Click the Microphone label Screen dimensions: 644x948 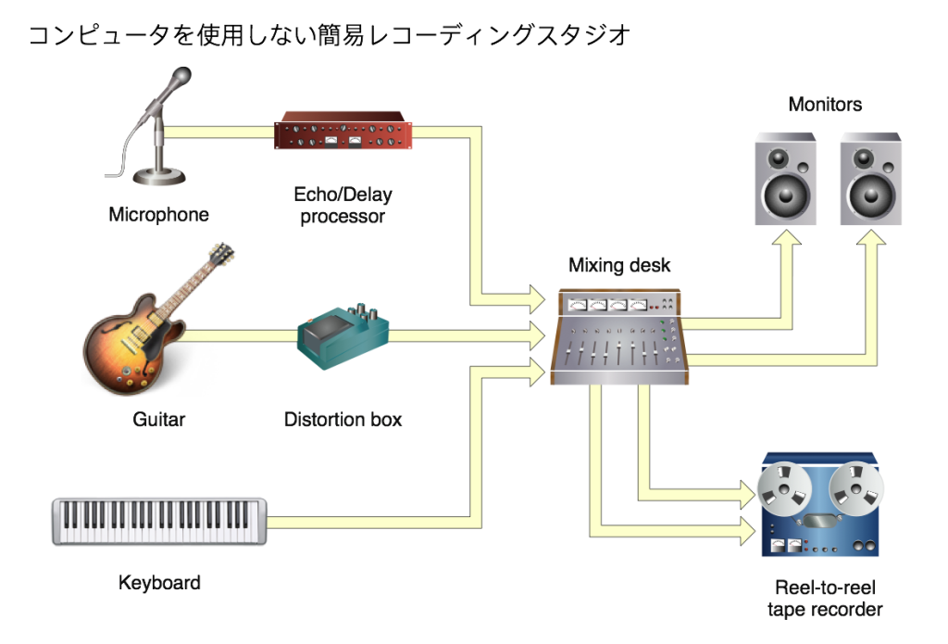pyautogui.click(x=158, y=215)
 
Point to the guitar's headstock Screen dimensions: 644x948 pyautogui.click(x=221, y=254)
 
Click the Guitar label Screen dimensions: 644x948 pyautogui.click(x=158, y=420)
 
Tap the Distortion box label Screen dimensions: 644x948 pyautogui.click(x=343, y=420)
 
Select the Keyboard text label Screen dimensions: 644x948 pyautogui.click(x=159, y=583)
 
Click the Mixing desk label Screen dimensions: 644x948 pyautogui.click(x=619, y=266)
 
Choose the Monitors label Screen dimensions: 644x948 pyautogui.click(x=825, y=105)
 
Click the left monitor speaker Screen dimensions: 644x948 pyautogui.click(x=786, y=178)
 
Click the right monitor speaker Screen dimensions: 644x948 pyautogui.click(x=870, y=178)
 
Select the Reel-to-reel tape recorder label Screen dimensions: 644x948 pyautogui.click(x=825, y=599)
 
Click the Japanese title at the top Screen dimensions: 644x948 pyautogui.click(x=330, y=36)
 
